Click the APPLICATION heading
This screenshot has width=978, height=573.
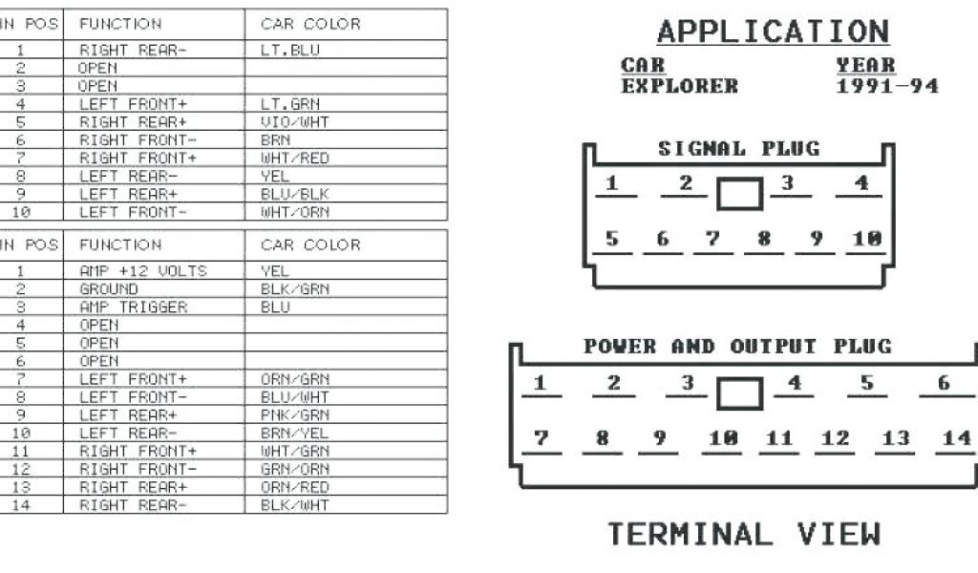(773, 32)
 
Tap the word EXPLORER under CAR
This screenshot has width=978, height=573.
(679, 86)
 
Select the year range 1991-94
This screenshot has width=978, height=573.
(887, 86)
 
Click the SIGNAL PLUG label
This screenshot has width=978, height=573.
(738, 149)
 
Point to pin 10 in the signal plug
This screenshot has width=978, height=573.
(867, 239)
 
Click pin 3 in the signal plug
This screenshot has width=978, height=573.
(788, 182)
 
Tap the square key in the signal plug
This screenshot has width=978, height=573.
(740, 194)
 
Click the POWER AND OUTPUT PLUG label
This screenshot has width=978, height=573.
(737, 346)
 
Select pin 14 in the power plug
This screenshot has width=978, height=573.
(956, 438)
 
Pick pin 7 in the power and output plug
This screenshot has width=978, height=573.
(542, 438)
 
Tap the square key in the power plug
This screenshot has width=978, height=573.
(740, 393)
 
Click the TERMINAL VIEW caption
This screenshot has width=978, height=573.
(744, 534)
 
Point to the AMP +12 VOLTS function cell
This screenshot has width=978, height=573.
(142, 271)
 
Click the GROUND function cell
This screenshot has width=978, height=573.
(109, 289)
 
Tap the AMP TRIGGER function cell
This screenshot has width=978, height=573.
(133, 308)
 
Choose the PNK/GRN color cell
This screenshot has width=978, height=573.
(295, 415)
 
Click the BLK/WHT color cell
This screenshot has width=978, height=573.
(294, 505)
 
